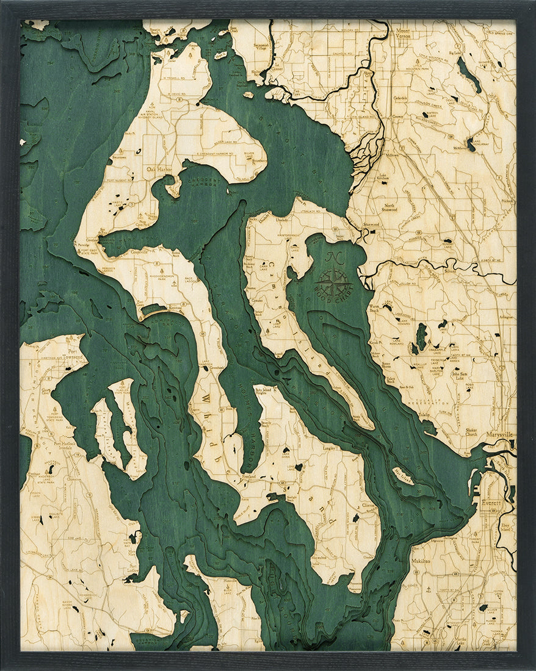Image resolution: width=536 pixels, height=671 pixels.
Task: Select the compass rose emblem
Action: pyautogui.click(x=334, y=281)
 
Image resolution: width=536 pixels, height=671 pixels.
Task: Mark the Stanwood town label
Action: pyautogui.click(x=371, y=224)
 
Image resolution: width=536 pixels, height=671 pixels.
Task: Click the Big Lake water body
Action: pyautogui.click(x=469, y=75)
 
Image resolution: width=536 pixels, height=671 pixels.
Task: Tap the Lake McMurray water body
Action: pyautogui.click(x=471, y=144)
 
